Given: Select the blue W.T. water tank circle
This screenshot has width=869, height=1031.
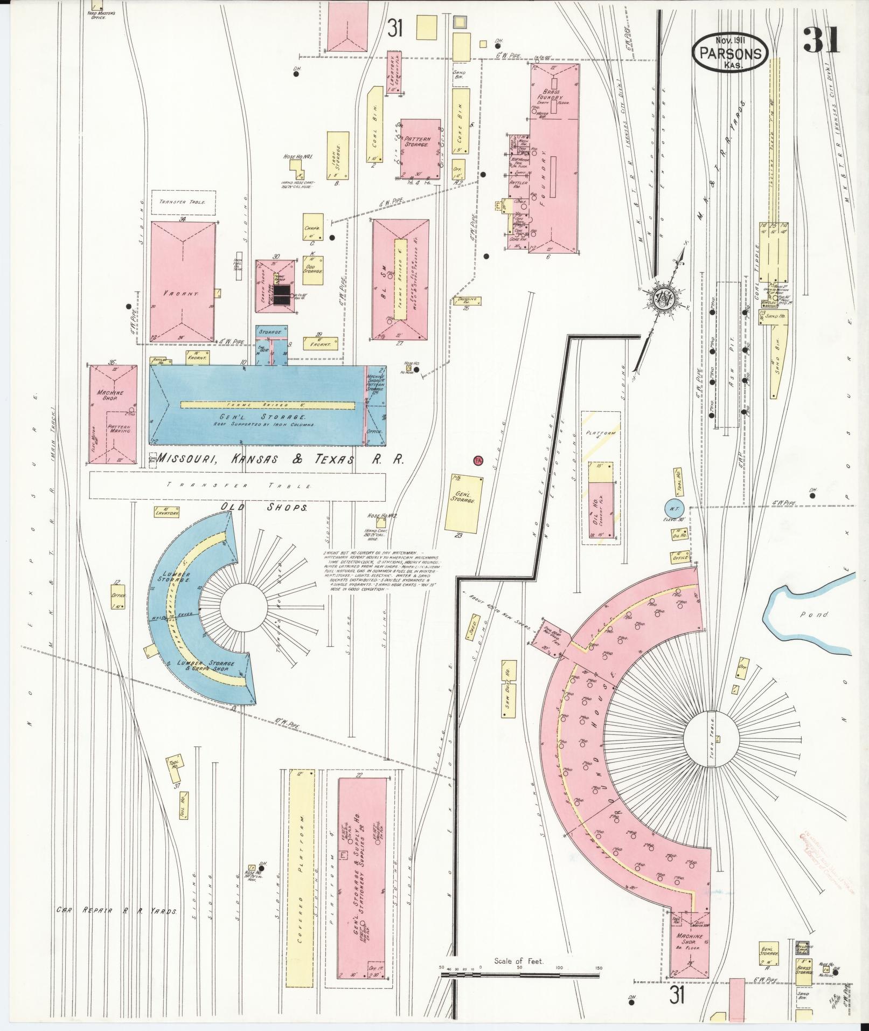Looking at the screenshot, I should tap(673, 508).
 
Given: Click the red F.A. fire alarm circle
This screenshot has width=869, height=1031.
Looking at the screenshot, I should tap(477, 460).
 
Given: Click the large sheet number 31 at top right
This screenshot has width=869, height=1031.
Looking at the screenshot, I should tap(821, 40).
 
